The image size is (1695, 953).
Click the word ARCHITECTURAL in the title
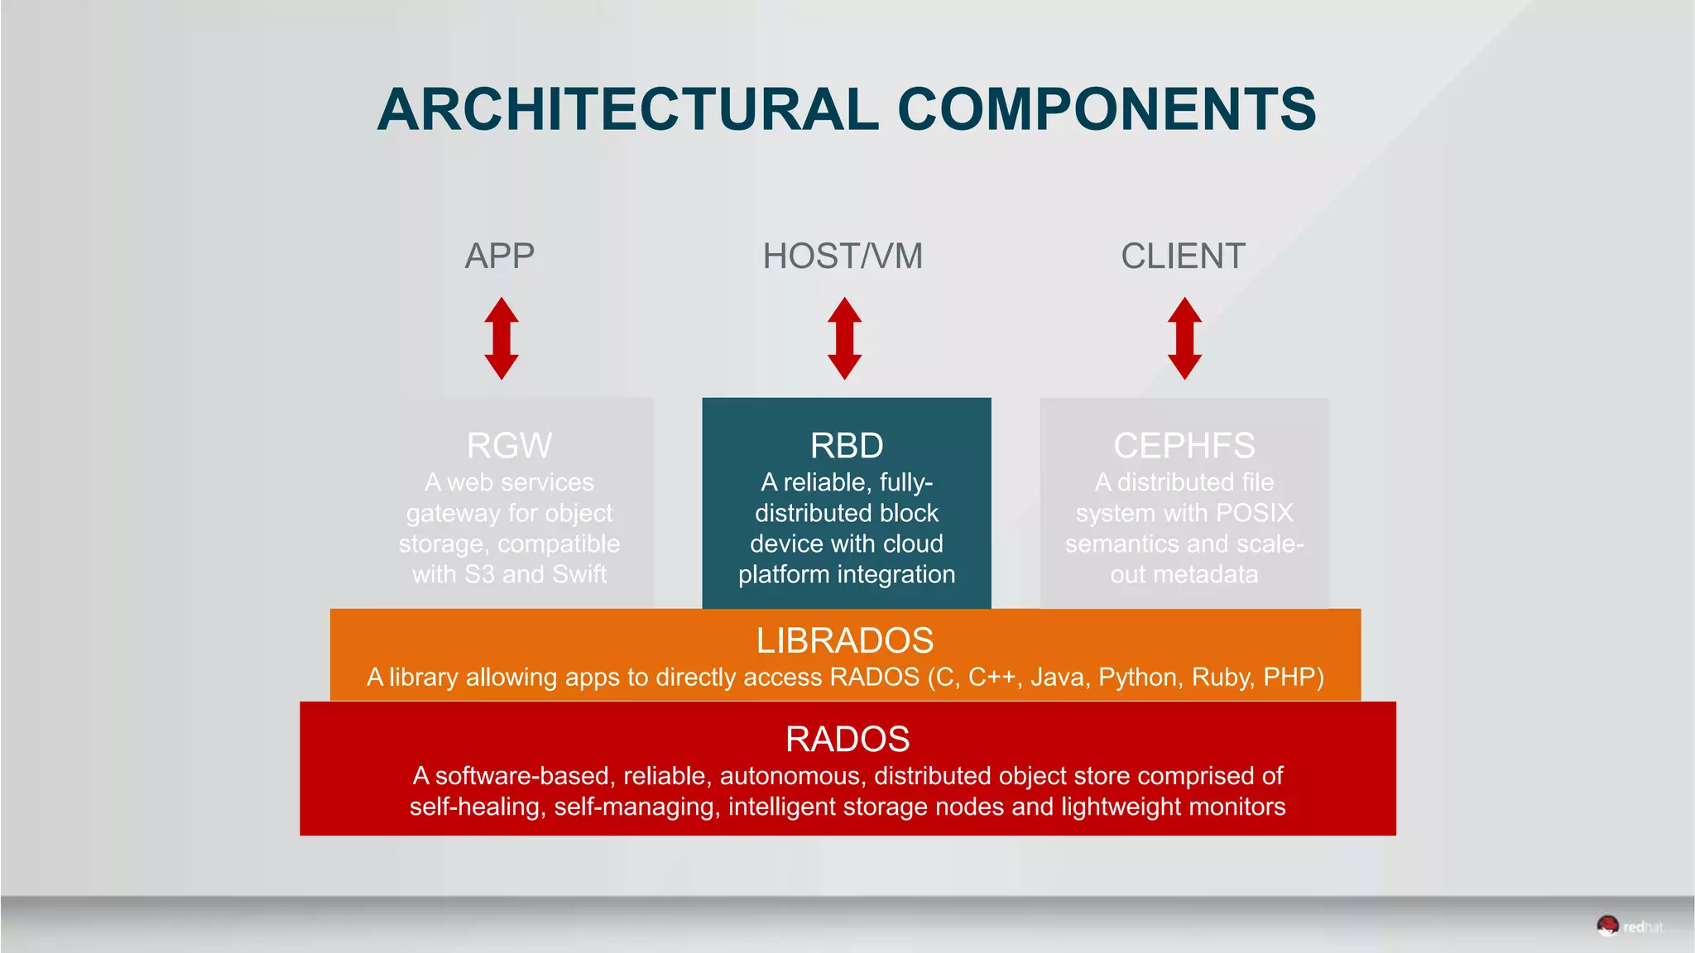coord(627,109)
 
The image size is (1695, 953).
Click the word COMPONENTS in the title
coord(1107,109)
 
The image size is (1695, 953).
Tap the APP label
coord(499,256)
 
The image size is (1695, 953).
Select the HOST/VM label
coord(843,256)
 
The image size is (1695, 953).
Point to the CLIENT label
coord(1183,256)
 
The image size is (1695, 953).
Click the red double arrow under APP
coord(502,338)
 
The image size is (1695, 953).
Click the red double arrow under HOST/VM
coord(844,338)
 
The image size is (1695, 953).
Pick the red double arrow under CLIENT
coord(1184,338)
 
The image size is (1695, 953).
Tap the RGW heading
coord(509,445)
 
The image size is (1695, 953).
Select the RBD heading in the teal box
coord(847,445)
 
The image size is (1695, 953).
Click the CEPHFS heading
coord(1184,445)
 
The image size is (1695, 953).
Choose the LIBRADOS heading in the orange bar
coord(845,640)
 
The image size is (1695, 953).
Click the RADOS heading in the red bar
coord(847,739)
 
